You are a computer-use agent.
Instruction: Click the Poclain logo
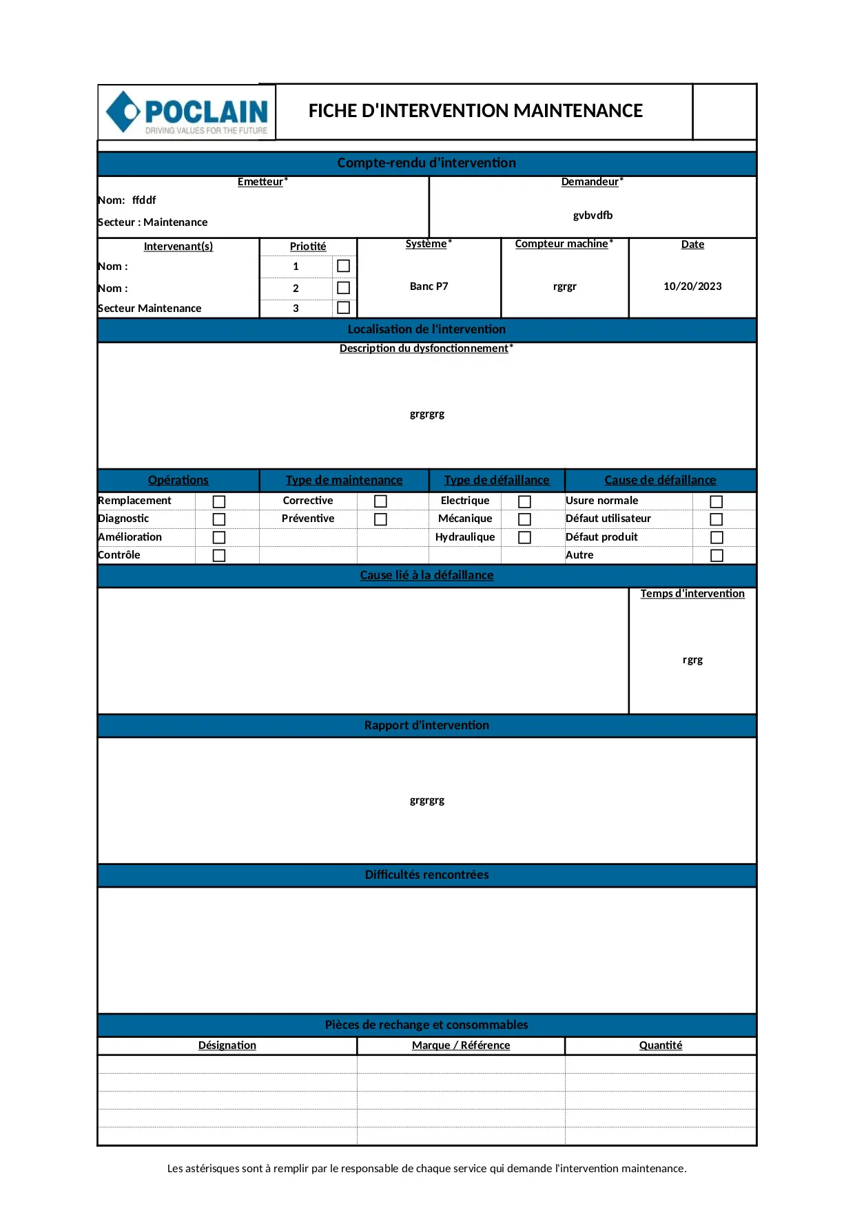click(x=187, y=112)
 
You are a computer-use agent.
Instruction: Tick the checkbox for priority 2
click(x=343, y=288)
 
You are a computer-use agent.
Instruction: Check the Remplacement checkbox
click(x=219, y=501)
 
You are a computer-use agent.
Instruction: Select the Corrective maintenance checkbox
click(x=380, y=501)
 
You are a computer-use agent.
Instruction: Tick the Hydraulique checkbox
click(x=524, y=537)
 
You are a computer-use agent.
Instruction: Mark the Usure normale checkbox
click(x=717, y=501)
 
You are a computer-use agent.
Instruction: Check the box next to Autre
click(x=717, y=555)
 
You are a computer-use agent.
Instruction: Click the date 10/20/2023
click(x=692, y=287)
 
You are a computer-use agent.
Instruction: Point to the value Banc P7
click(x=429, y=287)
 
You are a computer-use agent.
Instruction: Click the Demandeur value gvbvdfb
click(x=593, y=216)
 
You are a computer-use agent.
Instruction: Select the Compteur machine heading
click(x=562, y=244)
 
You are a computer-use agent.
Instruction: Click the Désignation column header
click(x=227, y=1045)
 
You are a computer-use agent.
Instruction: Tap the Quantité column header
click(x=661, y=1045)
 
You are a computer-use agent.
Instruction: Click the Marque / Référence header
click(x=461, y=1045)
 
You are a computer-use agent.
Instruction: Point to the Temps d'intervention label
click(x=692, y=594)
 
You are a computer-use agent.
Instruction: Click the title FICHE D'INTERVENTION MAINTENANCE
click(x=475, y=111)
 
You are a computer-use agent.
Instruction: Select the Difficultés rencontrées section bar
click(x=426, y=875)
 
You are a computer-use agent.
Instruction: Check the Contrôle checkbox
click(x=219, y=555)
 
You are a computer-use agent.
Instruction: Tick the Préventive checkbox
click(x=380, y=519)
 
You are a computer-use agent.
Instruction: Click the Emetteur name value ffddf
click(x=144, y=200)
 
